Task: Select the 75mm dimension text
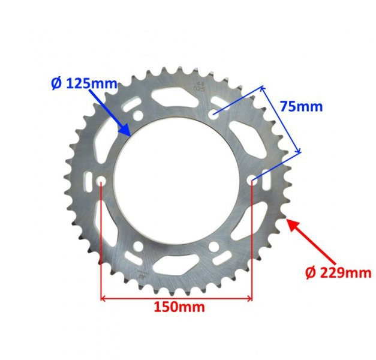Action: coord(301,107)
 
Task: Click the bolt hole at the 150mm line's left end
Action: coord(101,181)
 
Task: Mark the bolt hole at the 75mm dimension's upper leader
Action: coord(214,113)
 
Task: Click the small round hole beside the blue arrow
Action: coord(138,115)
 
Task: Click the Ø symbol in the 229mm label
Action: coord(310,273)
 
